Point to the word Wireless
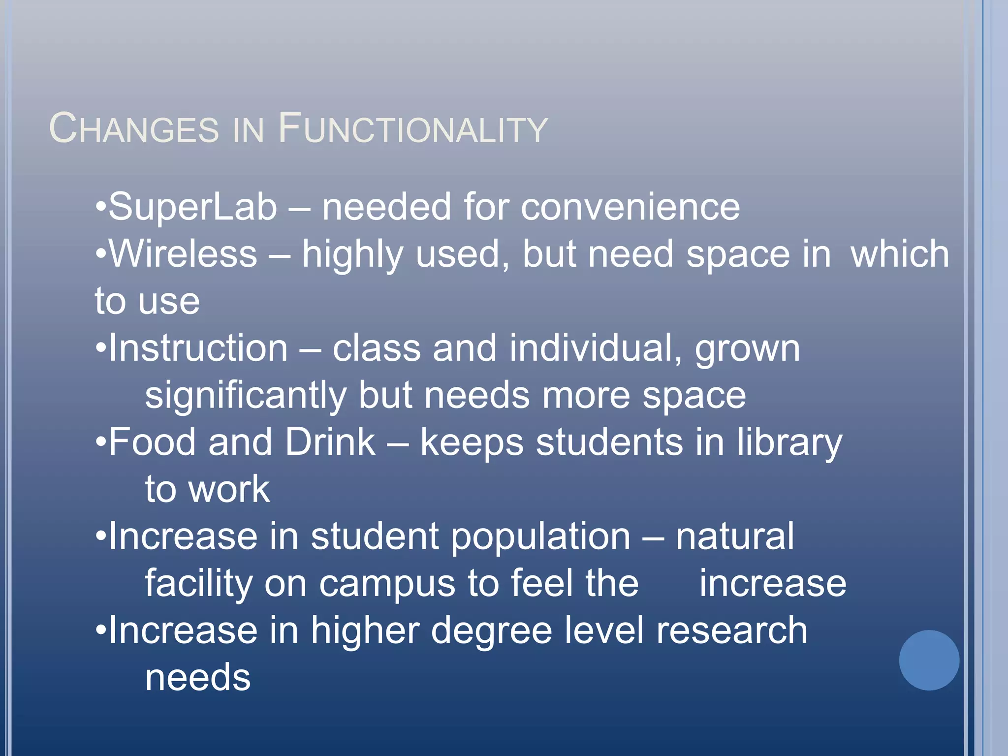183,254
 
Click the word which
900,254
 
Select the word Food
152,442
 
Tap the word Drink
330,442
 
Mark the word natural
734,536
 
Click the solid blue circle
929,660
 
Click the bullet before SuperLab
101,207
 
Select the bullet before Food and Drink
101,442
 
